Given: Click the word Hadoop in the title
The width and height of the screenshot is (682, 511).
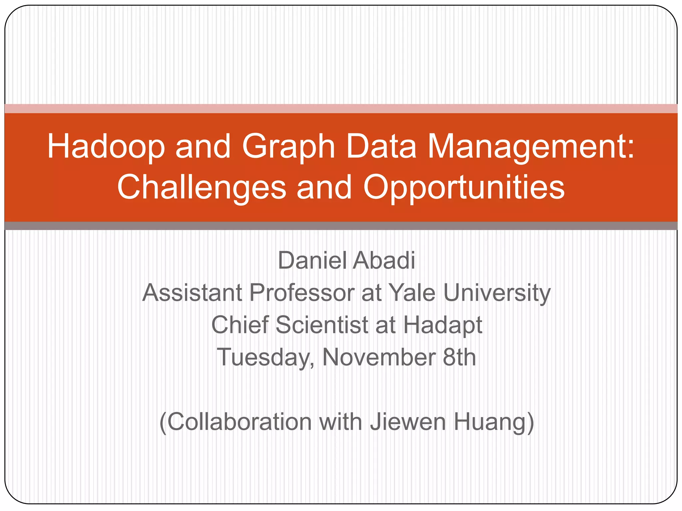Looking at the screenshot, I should (x=106, y=146).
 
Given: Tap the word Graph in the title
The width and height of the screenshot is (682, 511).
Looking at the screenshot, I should (x=288, y=146).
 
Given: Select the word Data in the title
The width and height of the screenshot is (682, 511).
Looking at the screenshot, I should (x=381, y=146).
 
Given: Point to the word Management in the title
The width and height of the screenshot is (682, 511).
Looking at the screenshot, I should (x=531, y=146).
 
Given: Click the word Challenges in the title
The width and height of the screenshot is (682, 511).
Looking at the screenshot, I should (x=201, y=187).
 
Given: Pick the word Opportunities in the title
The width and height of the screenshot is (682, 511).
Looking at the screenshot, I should (x=464, y=187).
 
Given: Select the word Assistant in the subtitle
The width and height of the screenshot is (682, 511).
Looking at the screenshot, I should (x=192, y=293).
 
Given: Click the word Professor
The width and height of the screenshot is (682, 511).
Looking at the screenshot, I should (x=302, y=293).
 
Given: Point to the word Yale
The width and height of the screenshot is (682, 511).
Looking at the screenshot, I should (x=412, y=293).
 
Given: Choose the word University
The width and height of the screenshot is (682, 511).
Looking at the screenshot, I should (x=497, y=293).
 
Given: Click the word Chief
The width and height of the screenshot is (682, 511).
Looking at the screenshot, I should (x=240, y=325).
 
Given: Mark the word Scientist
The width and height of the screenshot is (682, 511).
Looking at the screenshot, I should (x=322, y=325).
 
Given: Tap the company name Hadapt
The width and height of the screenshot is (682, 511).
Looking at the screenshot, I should (x=443, y=325).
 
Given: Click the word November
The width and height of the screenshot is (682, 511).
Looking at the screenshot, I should (x=379, y=357).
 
